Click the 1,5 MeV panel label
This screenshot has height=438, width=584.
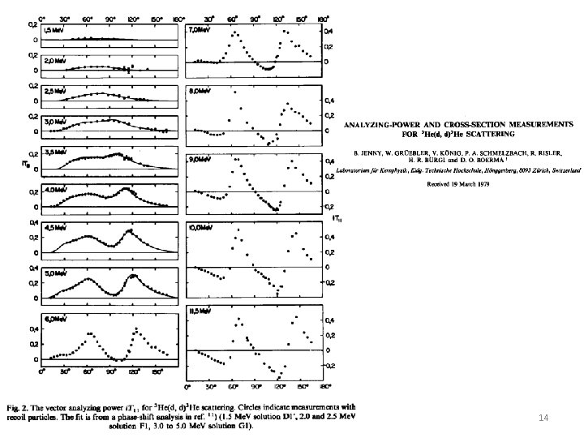pyautogui.click(x=54, y=29)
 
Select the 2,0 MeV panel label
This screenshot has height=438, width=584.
pyautogui.click(x=54, y=60)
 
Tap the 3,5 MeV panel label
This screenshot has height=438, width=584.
pyautogui.click(x=54, y=151)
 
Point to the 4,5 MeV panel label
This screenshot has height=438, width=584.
pyautogui.click(x=54, y=228)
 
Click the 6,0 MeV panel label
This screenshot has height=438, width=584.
pyautogui.click(x=54, y=319)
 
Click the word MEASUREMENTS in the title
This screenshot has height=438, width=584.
pyautogui.click(x=537, y=124)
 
